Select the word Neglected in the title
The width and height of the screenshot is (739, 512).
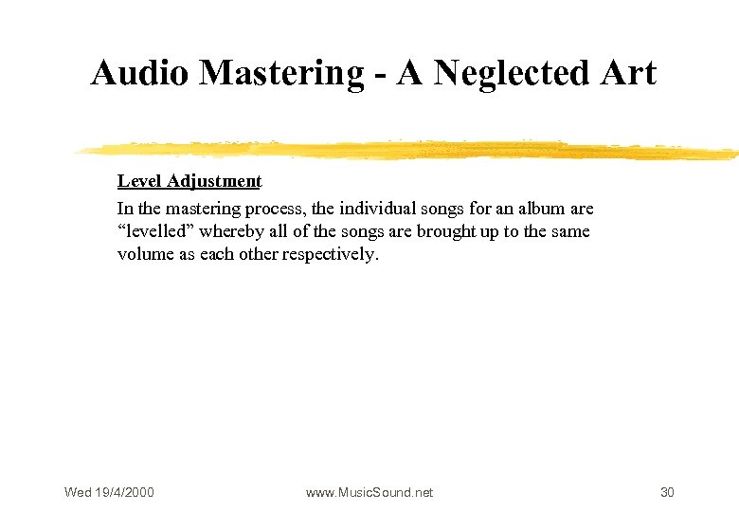512,73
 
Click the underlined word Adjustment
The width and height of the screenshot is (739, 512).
214,181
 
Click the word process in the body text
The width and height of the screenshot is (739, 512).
275,208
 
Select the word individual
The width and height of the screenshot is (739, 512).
379,208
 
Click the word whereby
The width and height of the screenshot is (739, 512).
232,231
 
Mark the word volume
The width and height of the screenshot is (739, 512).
143,255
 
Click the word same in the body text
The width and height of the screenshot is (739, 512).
568,231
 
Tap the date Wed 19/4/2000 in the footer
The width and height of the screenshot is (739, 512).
109,492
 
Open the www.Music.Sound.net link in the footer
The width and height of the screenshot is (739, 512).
369,492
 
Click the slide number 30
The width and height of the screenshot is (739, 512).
667,492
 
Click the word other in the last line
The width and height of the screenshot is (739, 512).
256,255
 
